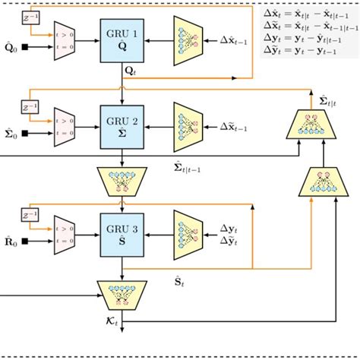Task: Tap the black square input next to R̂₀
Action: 26,243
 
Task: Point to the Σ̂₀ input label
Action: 11,135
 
